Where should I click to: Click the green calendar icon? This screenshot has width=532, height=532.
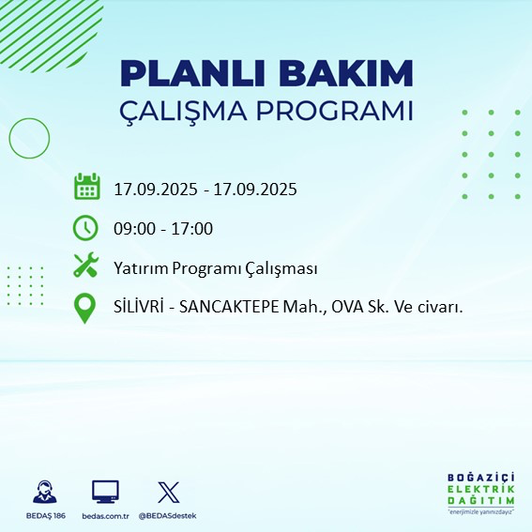(86, 187)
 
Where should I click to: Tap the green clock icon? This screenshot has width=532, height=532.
(86, 227)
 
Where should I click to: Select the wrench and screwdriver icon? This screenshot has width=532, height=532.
(86, 266)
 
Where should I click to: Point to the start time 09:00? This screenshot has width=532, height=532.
(133, 229)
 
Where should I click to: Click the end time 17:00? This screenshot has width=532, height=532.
(192, 229)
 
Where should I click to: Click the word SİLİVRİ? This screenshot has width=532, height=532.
(140, 308)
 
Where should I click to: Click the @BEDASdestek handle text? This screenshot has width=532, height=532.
(168, 516)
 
